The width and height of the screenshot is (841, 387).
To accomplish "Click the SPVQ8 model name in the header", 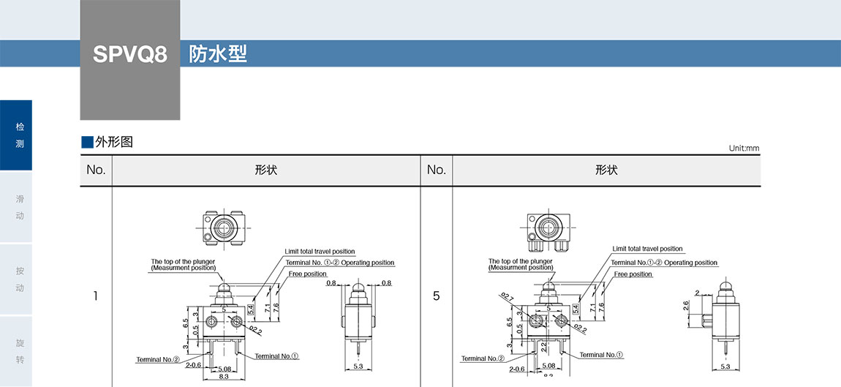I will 130,55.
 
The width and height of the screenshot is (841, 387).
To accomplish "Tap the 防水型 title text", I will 218,54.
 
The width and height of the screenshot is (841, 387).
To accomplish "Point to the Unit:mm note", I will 744,149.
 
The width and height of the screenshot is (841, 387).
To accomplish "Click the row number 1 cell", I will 96,296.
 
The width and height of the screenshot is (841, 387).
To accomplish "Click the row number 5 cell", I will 436,296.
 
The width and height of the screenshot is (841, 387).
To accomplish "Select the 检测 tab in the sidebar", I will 20,135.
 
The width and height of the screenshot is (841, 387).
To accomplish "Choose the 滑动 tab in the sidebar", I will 20,207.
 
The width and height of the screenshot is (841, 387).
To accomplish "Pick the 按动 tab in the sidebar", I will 20,279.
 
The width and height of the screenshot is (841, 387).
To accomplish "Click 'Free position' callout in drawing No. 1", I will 307,274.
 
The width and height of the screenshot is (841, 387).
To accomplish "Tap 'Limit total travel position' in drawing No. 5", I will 647,249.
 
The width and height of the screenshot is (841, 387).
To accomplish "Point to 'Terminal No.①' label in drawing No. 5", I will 601,355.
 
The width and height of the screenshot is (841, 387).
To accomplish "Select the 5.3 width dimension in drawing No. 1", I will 358,366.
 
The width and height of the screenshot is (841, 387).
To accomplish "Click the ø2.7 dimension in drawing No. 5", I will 507,297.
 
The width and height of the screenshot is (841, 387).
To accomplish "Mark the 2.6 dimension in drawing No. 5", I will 685,306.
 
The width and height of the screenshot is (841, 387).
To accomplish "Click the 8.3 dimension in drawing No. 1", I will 224,376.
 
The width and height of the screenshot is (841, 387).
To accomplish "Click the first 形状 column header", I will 265,170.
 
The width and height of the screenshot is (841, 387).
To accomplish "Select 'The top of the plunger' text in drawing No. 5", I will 520,260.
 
